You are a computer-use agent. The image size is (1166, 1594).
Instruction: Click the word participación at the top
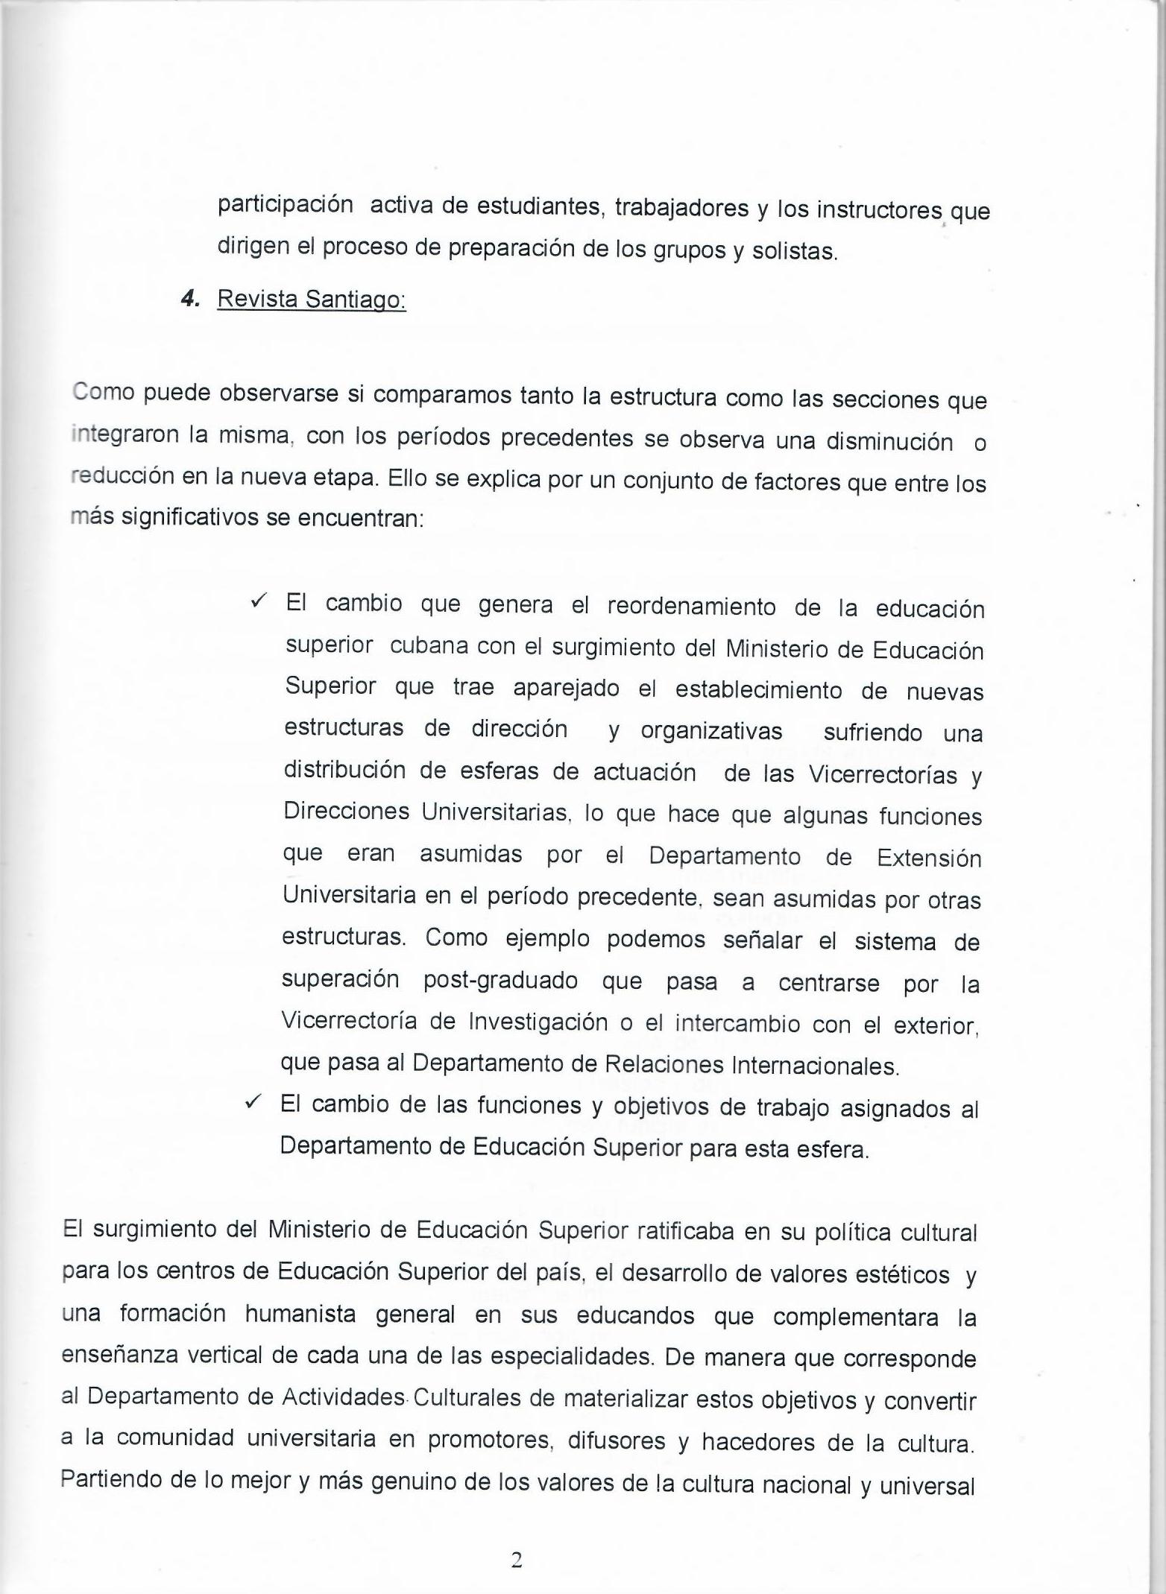(285, 206)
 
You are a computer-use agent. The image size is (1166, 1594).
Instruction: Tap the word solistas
(795, 252)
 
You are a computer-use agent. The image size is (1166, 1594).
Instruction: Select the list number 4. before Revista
(191, 299)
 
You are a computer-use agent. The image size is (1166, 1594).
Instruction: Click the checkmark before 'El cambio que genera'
(260, 601)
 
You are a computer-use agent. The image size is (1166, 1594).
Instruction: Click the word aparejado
(566, 689)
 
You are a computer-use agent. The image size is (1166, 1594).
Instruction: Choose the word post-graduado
(500, 981)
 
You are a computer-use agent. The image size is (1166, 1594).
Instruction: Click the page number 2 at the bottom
(516, 1560)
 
